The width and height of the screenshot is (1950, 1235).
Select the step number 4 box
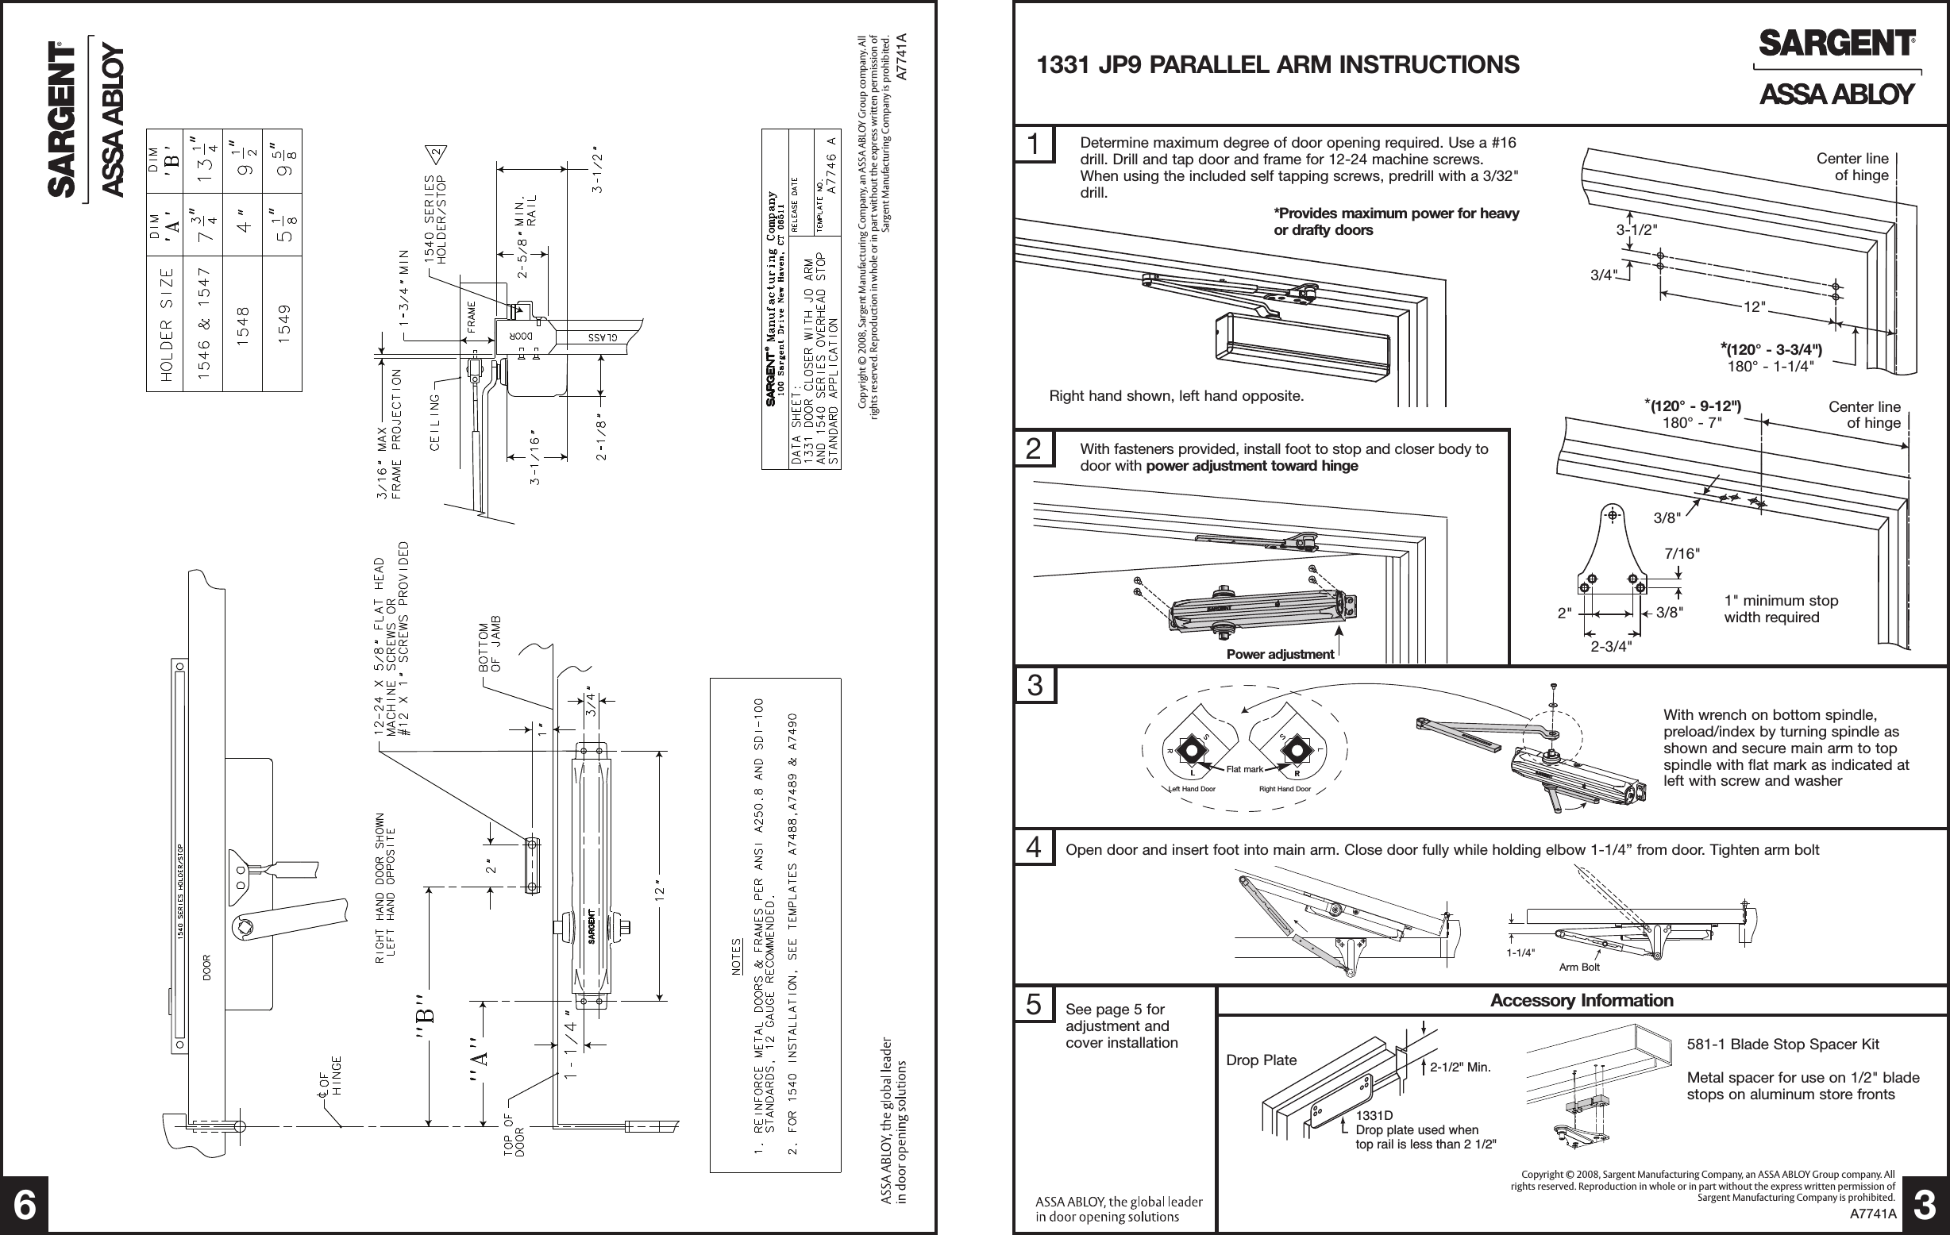1034,848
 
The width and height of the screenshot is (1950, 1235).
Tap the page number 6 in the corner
25,1206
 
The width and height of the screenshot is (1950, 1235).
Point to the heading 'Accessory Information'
1582,1000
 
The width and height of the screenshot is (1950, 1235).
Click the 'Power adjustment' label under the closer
1279,654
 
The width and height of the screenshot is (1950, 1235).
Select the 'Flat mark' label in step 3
1245,769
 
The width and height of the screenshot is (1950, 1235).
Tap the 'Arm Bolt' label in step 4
1579,967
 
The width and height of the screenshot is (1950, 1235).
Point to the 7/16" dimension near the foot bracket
1681,553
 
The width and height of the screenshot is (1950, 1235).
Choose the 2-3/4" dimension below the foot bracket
1611,646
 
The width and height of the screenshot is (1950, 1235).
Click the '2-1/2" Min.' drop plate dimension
1459,1068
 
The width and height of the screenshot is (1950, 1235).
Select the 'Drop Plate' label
1261,1060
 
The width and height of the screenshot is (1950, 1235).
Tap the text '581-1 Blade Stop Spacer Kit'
1782,1044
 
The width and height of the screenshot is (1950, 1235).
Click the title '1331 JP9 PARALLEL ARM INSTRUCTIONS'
1278,65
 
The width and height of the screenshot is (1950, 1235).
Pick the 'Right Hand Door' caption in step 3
1285,789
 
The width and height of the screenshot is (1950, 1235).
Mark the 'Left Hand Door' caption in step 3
1192,789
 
